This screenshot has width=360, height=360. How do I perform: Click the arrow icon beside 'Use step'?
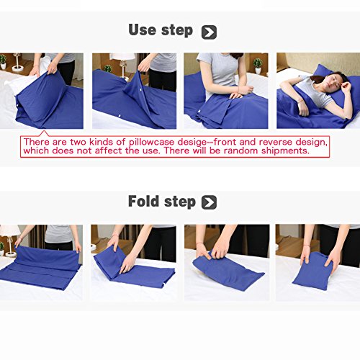click(x=209, y=32)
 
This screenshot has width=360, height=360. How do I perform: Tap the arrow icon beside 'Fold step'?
click(x=209, y=202)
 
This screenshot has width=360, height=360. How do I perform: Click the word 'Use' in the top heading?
click(x=143, y=30)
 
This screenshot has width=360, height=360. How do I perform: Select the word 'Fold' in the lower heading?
click(x=143, y=201)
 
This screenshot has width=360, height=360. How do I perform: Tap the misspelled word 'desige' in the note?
click(x=192, y=143)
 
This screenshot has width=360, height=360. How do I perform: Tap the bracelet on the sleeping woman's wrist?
click(x=300, y=102)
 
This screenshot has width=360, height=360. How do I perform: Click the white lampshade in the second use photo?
click(x=122, y=57)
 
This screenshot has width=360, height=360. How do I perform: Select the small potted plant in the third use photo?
click(x=258, y=66)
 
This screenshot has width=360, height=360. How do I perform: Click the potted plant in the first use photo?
click(x=3, y=62)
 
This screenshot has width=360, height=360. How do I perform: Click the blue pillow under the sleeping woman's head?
click(x=336, y=79)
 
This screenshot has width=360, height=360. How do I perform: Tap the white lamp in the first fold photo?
click(x=9, y=240)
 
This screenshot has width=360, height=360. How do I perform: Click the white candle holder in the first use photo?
click(x=17, y=63)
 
